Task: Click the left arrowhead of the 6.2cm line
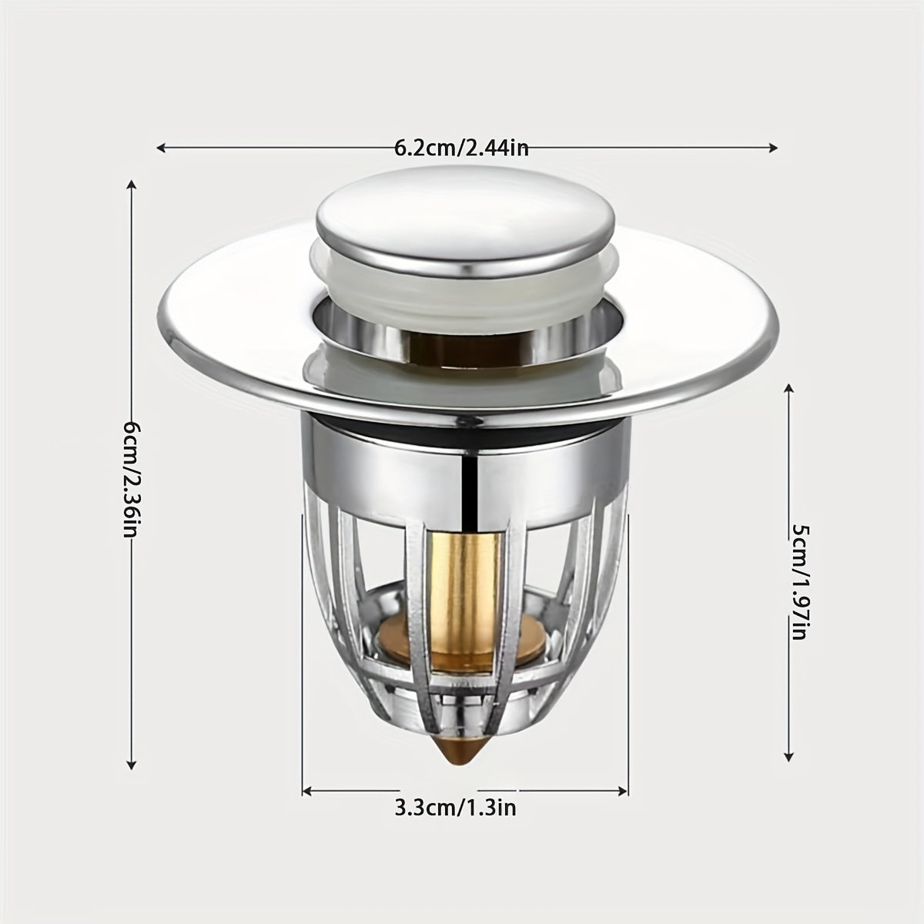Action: (x=162, y=148)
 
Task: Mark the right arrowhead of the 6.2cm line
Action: (x=772, y=148)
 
